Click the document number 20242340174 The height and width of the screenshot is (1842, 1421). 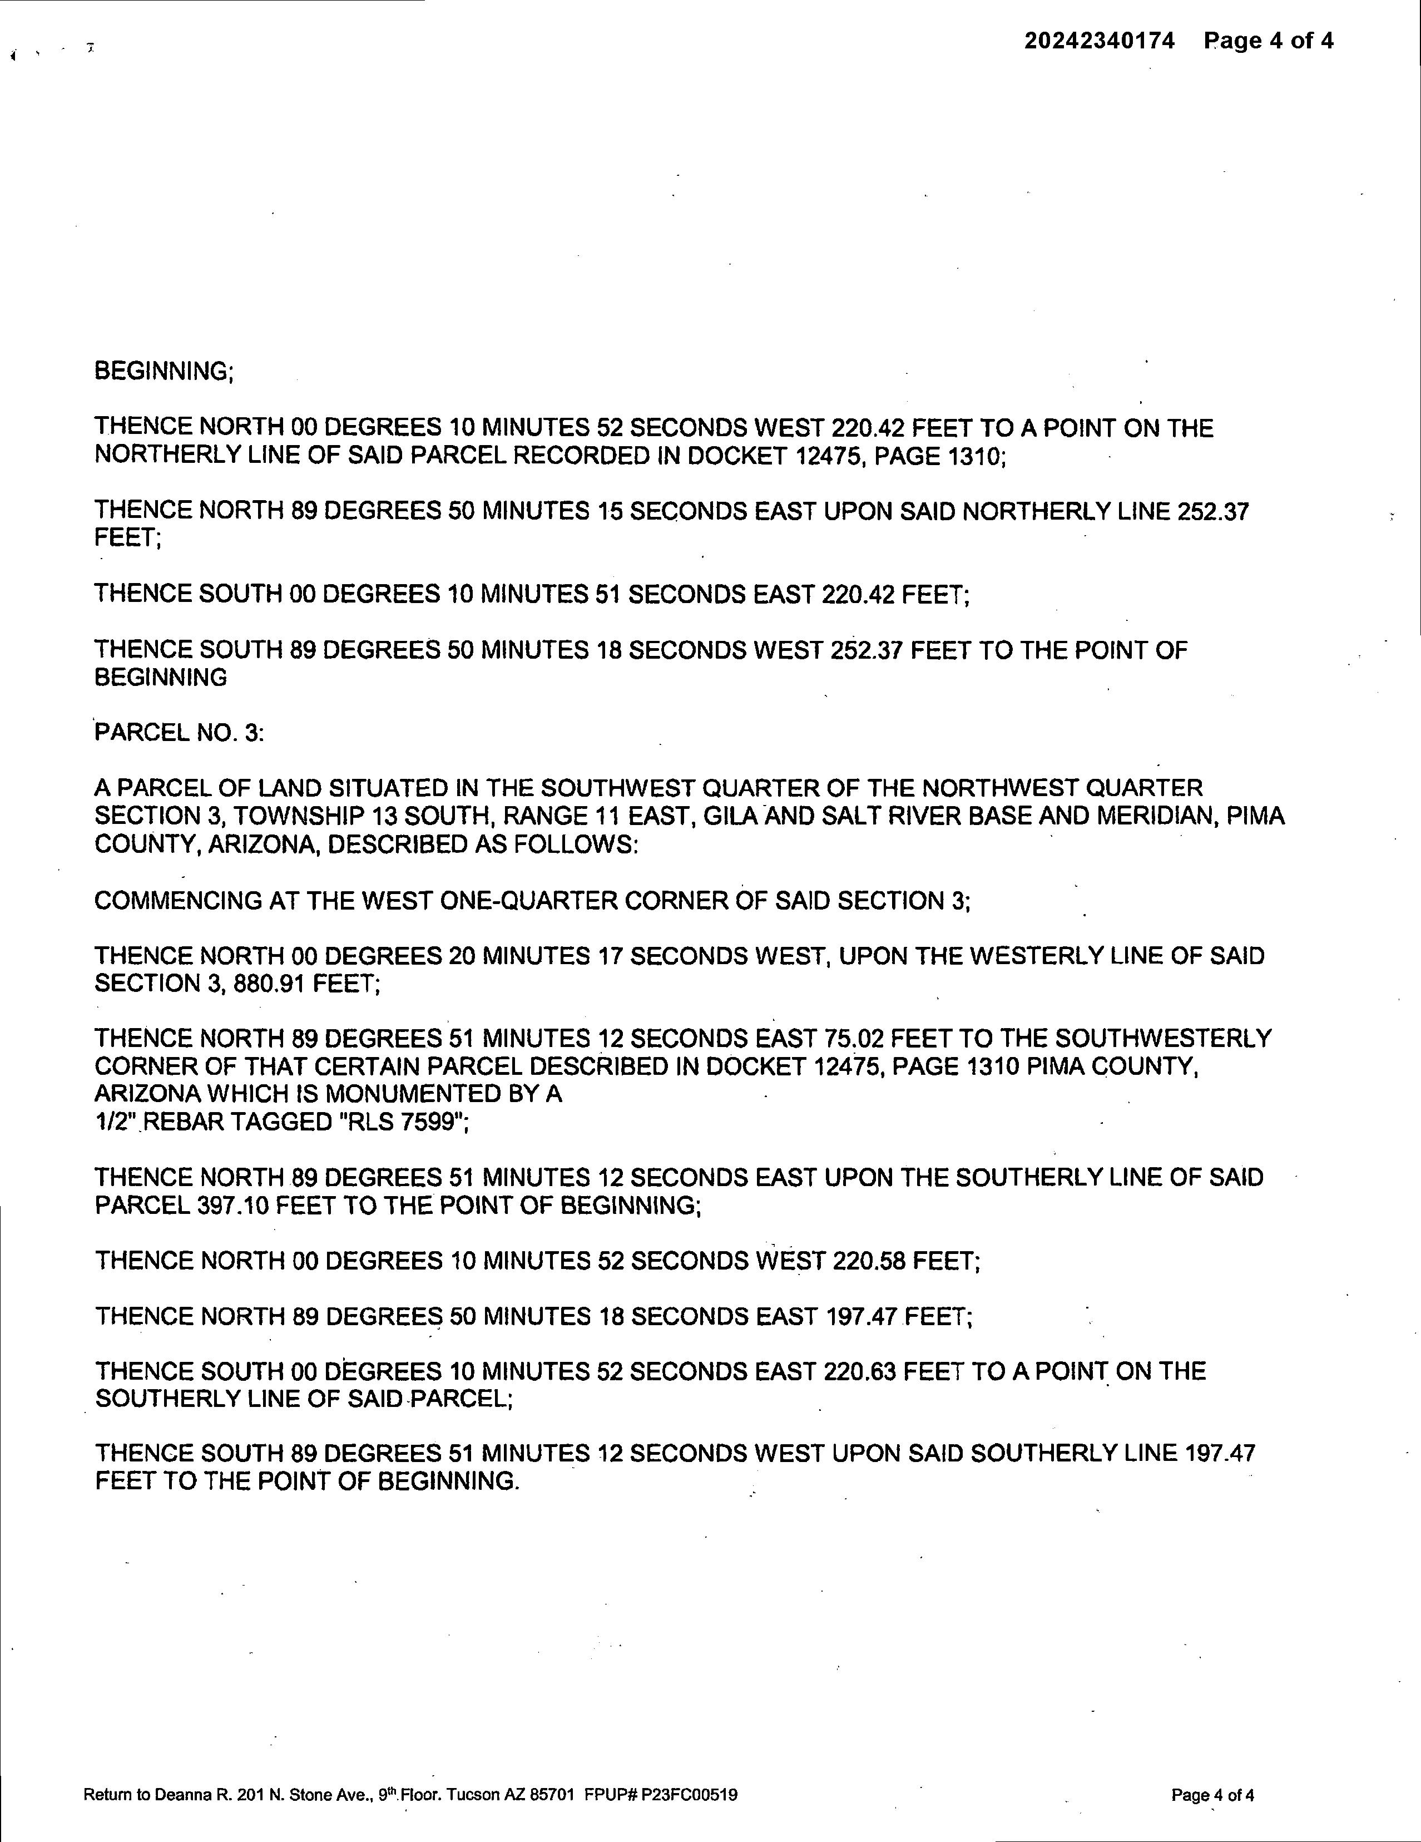[1099, 41]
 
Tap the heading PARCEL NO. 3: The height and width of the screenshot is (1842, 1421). [179, 733]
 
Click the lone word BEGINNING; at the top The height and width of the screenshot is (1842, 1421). [164, 371]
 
